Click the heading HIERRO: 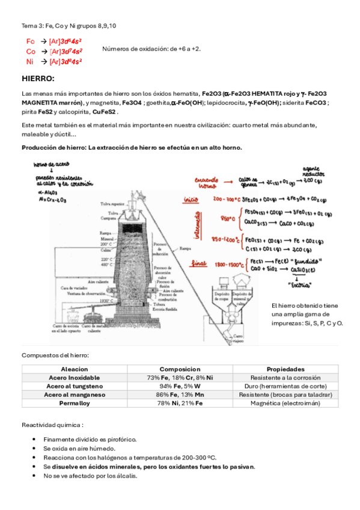38,79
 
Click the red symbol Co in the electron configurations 31,51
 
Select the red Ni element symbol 29,61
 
